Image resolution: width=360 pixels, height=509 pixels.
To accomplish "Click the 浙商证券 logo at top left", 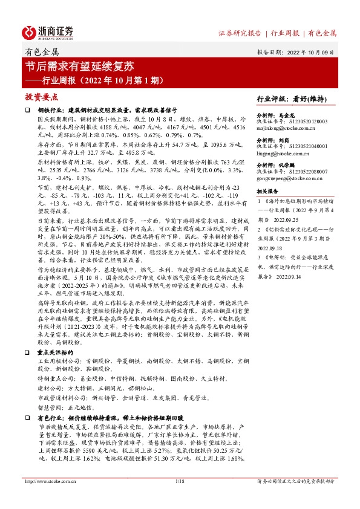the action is pyautogui.click(x=48, y=31).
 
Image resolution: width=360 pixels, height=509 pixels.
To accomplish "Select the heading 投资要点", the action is pyautogui.click(x=41, y=97).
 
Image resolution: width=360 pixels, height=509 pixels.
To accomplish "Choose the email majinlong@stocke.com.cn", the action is pyautogui.click(x=290, y=129).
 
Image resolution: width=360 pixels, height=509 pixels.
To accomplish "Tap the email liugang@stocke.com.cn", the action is pyautogui.click(x=287, y=154).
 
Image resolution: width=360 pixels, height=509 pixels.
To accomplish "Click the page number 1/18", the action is pyautogui.click(x=180, y=498).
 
